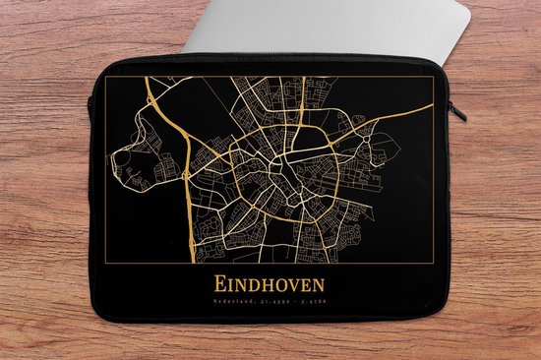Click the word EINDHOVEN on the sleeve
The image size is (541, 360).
[x=270, y=282]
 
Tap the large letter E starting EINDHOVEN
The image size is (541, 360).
[x=218, y=282]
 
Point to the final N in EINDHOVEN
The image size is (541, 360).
[x=320, y=282]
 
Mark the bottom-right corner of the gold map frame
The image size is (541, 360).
[x=436, y=263]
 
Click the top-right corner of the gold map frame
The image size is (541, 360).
[x=436, y=76]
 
